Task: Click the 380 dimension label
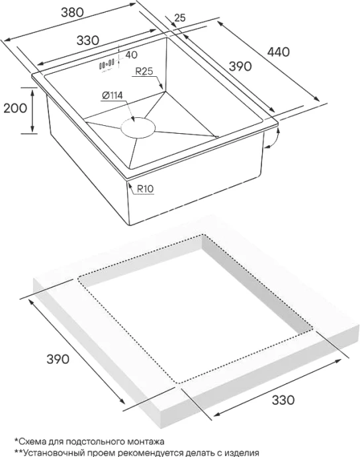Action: pyautogui.click(x=73, y=12)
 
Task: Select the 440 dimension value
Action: pyautogui.click(x=279, y=52)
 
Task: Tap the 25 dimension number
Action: pyautogui.click(x=180, y=18)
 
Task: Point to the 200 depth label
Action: pyautogui.click(x=15, y=108)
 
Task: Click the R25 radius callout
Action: pyautogui.click(x=144, y=72)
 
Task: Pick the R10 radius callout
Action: pyautogui.click(x=145, y=189)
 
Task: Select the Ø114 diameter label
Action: pyautogui.click(x=112, y=95)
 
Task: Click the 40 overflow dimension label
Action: pyautogui.click(x=132, y=54)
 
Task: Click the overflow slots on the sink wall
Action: pyautogui.click(x=107, y=64)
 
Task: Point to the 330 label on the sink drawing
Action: pyautogui.click(x=87, y=40)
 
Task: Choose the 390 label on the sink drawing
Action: pyautogui.click(x=240, y=66)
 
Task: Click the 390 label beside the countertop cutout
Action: pyautogui.click(x=58, y=359)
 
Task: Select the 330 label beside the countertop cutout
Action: pyautogui.click(x=283, y=400)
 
